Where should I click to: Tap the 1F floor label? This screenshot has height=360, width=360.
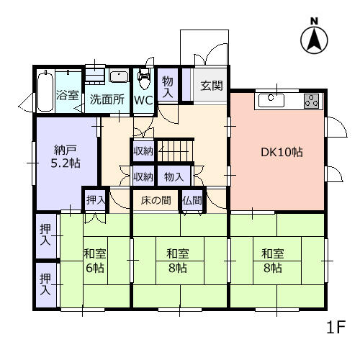(x=336, y=327)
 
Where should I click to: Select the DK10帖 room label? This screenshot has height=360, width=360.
(x=282, y=152)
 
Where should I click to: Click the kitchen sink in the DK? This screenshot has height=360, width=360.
(x=271, y=101)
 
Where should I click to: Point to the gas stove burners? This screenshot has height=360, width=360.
(x=312, y=101)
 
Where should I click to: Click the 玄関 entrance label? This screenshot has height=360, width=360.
(x=212, y=86)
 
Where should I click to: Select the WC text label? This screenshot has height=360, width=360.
(x=143, y=100)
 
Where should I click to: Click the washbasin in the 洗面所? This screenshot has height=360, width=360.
(x=119, y=77)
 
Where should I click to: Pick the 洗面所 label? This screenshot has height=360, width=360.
(x=107, y=99)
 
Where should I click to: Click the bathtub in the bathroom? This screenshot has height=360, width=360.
(x=45, y=91)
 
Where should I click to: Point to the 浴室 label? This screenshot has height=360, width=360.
(x=68, y=95)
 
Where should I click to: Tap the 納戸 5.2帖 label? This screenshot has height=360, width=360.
(x=66, y=157)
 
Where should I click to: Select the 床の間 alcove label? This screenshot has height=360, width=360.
(x=156, y=200)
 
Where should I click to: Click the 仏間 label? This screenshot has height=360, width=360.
(x=192, y=200)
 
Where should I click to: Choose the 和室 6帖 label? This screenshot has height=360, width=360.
(x=95, y=261)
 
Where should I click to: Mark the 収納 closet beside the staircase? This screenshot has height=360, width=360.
(x=143, y=151)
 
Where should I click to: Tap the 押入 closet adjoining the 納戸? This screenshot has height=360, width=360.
(x=96, y=199)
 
